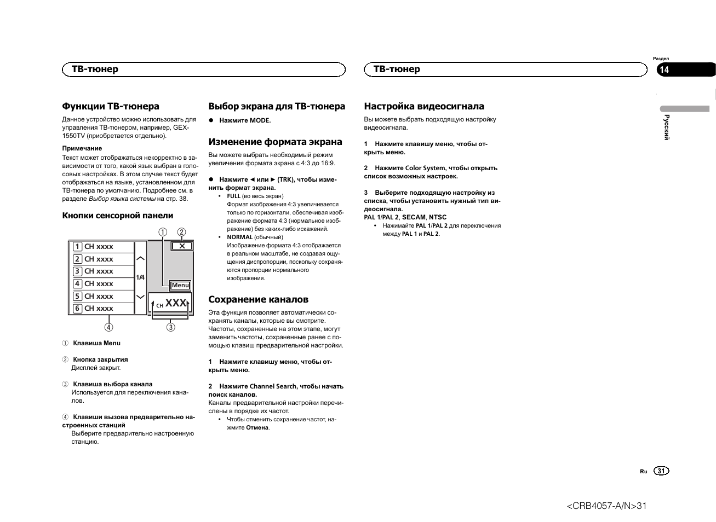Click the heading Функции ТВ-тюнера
tap(111, 106)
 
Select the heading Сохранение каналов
tap(258, 299)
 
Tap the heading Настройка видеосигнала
tap(424, 106)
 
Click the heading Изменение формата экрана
tap(275, 142)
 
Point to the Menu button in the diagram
tap(180, 285)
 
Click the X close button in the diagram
tap(182, 246)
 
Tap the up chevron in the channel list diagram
tap(141, 258)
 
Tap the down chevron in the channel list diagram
tap(141, 297)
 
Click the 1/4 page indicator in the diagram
tap(141, 277)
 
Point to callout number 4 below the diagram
tap(109, 327)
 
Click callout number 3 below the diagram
tap(171, 327)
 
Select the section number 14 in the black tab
tap(665, 69)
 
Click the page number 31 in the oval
tap(661, 471)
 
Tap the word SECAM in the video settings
tap(414, 217)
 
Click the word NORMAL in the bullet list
tap(240, 237)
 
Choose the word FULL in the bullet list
tap(234, 196)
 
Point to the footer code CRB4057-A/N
tap(606, 506)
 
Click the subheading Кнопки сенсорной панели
tap(118, 216)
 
